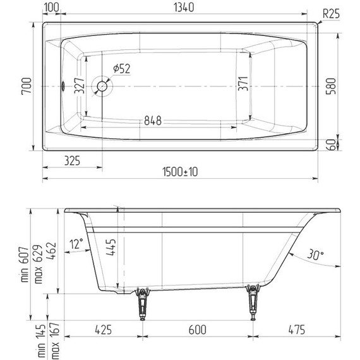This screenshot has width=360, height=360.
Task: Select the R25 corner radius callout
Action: pos(331,13)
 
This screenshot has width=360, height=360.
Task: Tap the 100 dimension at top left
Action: pos(52,8)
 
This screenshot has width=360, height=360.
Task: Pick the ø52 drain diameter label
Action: pos(121,69)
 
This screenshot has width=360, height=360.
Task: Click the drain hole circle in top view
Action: pos(101,86)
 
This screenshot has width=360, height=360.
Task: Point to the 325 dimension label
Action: pos(71,161)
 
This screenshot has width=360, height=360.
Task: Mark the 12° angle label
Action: pos(77,243)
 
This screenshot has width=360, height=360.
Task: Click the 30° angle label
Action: pos(315,254)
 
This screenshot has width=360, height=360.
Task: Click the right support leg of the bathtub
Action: pos(254,302)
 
